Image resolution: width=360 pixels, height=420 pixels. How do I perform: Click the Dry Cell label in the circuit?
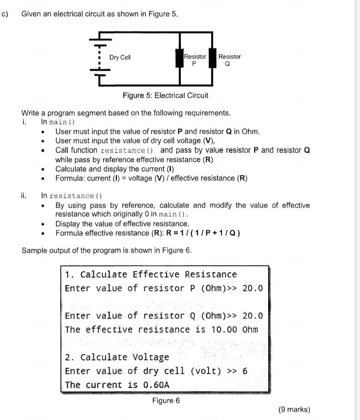click(x=120, y=57)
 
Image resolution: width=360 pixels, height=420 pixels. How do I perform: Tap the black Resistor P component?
click(x=180, y=60)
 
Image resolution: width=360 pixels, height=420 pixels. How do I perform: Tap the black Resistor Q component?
click(x=213, y=59)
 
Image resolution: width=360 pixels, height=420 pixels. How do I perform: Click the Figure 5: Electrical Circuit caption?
click(x=165, y=96)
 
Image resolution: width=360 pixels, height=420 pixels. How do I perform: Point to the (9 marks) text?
click(x=295, y=409)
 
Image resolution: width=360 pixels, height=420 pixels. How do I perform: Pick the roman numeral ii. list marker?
click(x=25, y=195)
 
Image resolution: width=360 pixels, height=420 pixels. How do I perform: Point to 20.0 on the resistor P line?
click(x=252, y=288)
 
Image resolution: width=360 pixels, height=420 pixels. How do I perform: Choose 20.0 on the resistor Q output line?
click(x=252, y=316)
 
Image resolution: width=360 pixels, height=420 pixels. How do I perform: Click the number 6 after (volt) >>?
click(x=245, y=371)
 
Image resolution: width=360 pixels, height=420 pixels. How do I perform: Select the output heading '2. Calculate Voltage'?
click(x=117, y=357)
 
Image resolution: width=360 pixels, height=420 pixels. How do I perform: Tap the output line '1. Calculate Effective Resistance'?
click(x=151, y=275)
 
